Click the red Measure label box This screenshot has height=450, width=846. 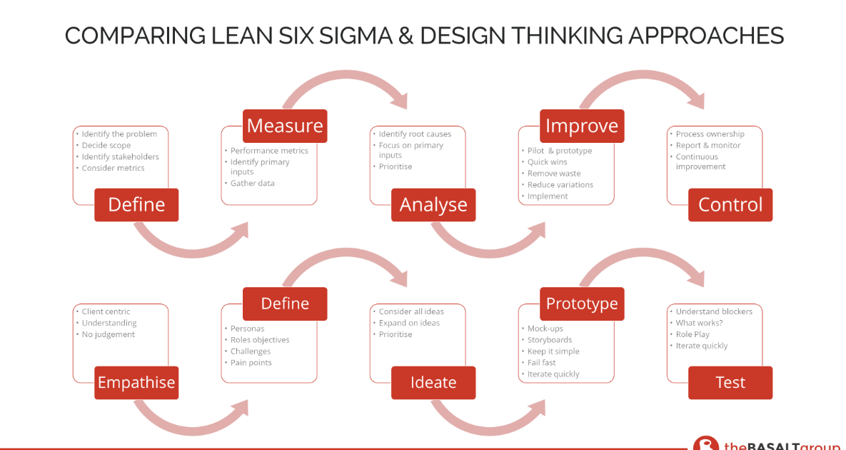pos(285,126)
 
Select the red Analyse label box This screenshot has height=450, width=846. pos(433,204)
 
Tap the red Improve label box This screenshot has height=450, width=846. pos(582,126)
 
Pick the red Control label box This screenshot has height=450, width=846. pos(730,204)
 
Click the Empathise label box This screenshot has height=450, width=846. pos(136,383)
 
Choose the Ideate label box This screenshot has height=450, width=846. pos(433,383)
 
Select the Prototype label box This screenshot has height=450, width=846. pos(582,304)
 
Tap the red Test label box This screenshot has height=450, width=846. pos(730,383)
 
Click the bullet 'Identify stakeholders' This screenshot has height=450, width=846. pos(121,156)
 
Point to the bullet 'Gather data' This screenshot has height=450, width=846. pos(253,184)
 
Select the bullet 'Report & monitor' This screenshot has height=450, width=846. pos(708,145)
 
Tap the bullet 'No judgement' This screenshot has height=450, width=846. pos(109,334)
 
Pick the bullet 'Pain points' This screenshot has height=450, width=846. pos(251,363)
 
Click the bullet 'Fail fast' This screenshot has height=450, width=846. pos(542,363)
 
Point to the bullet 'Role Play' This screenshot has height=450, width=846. pos(693,334)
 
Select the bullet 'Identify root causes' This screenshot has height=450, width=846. pos(415,134)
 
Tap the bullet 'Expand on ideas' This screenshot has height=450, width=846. pos(409,323)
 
